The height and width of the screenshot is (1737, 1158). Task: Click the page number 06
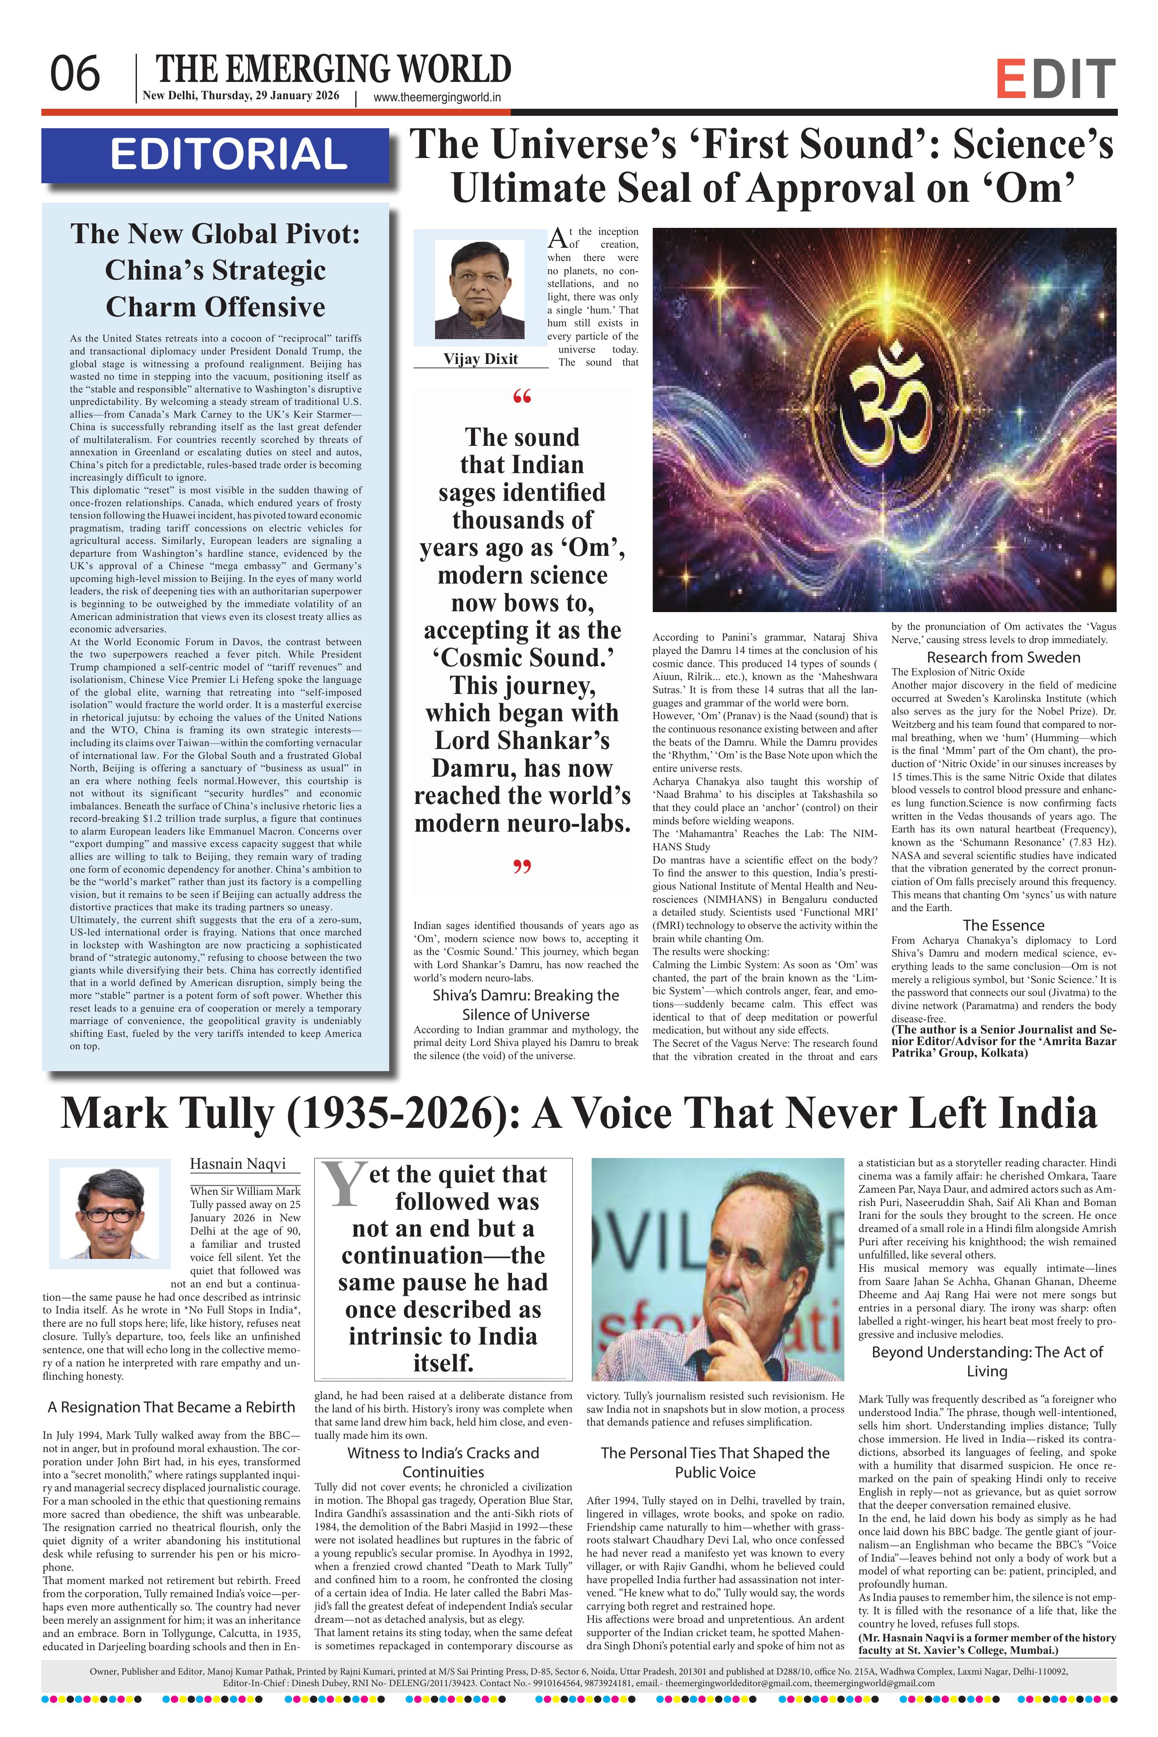74,74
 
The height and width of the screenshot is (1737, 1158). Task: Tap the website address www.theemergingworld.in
437,97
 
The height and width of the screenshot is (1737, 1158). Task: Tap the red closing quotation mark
522,867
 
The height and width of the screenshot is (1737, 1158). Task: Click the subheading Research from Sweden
1003,657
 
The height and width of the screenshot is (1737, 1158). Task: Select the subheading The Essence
1003,926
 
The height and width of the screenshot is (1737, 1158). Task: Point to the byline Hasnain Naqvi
237,1164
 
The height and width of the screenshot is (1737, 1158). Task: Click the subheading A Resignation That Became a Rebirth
171,1408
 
